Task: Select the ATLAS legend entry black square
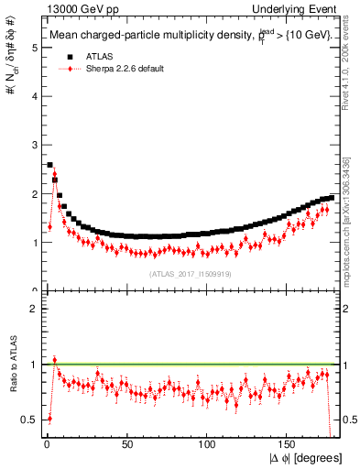(x=70, y=56)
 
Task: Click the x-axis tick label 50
(x=126, y=445)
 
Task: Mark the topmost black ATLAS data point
(x=49, y=165)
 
